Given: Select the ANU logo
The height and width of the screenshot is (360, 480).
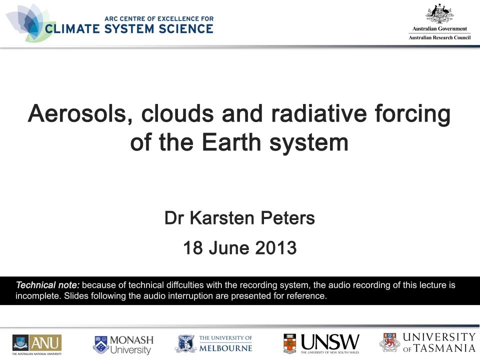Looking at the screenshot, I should coord(37,343).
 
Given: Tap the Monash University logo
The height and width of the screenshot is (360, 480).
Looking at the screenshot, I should coord(123,344).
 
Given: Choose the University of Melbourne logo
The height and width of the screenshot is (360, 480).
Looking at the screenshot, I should coord(213,343).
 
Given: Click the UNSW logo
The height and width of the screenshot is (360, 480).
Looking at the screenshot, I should coord(321,343).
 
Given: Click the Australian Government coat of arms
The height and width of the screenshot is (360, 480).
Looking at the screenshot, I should coord(439,13).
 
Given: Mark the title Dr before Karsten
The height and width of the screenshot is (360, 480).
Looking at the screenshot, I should coord(172,218).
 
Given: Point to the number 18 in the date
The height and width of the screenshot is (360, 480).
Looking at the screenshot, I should coord(192,247).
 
